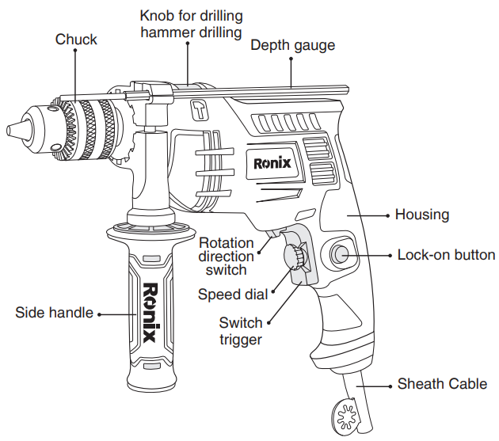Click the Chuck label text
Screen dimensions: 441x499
(x=76, y=40)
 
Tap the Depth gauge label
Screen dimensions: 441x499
(x=292, y=45)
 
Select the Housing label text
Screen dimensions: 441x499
(x=421, y=215)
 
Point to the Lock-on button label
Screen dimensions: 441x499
(x=446, y=255)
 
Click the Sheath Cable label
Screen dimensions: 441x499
(x=442, y=384)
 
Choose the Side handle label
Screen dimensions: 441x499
(x=53, y=313)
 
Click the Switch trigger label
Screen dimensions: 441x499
(x=241, y=331)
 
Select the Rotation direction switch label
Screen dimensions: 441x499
(x=227, y=256)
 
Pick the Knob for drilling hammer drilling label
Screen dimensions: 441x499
(x=192, y=24)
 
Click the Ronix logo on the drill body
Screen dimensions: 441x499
(x=272, y=164)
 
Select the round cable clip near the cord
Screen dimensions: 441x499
(x=344, y=416)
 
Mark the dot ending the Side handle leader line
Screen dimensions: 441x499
(x=101, y=314)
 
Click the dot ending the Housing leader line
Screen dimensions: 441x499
(x=386, y=215)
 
